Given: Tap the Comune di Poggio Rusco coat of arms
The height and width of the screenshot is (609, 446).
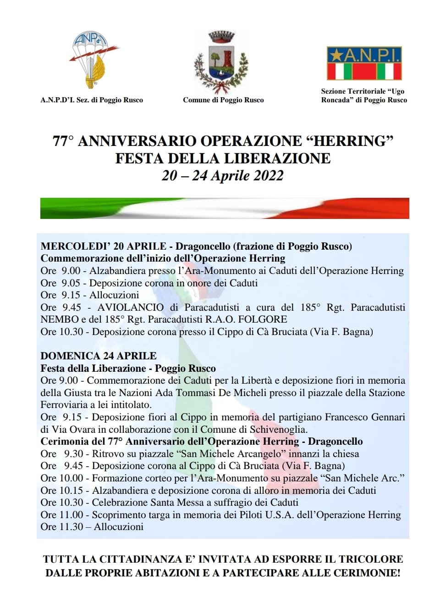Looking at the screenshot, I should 221,62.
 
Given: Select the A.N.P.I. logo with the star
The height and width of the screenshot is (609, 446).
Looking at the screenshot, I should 364,63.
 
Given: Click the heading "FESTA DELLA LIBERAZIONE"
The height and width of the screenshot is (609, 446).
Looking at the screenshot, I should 223,158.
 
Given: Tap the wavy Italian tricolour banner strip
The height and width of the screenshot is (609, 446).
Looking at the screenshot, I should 225,208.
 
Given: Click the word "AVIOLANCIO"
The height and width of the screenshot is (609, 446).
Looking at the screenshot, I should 130,307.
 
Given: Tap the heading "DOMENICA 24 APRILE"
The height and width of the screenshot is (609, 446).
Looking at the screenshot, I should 99,356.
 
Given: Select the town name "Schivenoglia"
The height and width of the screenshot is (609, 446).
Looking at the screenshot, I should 278,430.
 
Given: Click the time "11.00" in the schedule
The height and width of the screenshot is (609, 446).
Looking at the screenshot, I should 72,515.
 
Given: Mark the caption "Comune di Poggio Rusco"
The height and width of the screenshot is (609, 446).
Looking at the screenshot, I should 223,100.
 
